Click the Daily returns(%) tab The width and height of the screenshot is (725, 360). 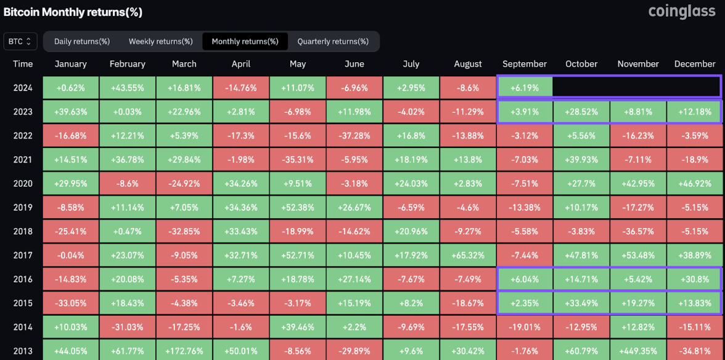coord(82,41)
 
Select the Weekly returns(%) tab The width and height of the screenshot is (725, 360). coord(160,41)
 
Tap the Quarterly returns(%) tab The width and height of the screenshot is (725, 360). coord(333,41)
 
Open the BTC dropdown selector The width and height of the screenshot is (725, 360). coord(20,41)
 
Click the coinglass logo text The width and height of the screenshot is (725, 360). coord(682,12)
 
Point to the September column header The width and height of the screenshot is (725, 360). coord(525,64)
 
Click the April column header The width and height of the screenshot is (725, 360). coord(240,64)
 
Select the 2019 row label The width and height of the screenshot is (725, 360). coord(23,208)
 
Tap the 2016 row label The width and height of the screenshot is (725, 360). coord(23,279)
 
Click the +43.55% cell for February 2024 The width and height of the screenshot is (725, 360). coord(127,88)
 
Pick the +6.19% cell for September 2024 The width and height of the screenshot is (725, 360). coord(525,88)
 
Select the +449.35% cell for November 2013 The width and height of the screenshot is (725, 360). coord(638,351)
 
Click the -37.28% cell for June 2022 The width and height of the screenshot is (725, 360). coord(354,136)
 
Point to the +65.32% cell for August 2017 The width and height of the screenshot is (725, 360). coord(468,255)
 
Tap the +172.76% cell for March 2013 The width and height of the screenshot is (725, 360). coord(184,351)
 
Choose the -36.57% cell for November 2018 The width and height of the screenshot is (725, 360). coord(638,232)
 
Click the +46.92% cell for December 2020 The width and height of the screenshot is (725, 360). coord(695,184)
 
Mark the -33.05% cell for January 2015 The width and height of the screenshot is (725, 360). coord(71,303)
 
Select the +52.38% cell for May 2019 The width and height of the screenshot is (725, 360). coord(297,208)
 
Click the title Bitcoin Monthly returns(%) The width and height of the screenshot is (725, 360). coord(73,12)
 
